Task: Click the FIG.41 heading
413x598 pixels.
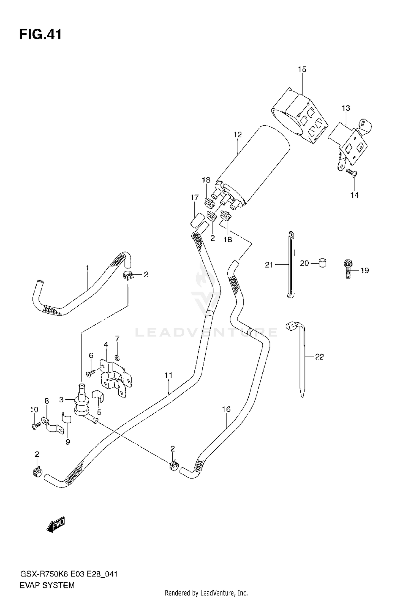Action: pos(40,35)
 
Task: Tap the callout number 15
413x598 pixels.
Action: pos(302,69)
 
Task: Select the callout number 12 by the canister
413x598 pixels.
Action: pos(237,135)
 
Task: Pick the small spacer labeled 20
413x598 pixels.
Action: pos(322,263)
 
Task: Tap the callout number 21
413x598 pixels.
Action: pos(269,265)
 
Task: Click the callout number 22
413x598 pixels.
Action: pos(319,357)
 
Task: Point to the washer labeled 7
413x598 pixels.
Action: pos(117,358)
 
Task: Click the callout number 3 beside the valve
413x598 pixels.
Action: pos(61,399)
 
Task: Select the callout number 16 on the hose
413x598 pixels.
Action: pos(226,409)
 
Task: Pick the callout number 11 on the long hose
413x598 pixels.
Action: pos(169,375)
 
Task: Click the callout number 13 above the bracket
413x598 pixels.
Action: pos(346,108)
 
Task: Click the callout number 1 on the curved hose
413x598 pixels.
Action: pos(87,267)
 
